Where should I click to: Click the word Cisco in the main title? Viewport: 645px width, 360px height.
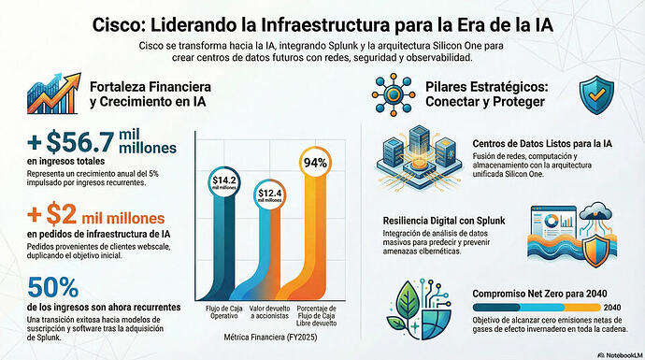click(x=117, y=24)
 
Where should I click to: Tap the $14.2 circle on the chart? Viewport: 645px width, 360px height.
click(x=224, y=182)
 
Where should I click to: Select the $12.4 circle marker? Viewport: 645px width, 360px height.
click(x=270, y=194)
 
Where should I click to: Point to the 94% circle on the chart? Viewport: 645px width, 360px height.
click(x=315, y=163)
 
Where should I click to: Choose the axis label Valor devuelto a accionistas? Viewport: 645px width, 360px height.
click(x=270, y=312)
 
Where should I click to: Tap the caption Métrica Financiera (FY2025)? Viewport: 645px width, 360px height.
click(x=270, y=337)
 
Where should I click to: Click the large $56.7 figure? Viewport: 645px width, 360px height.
click(x=79, y=141)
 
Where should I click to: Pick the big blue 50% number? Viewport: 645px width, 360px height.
click(x=53, y=287)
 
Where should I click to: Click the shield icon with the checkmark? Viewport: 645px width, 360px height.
click(x=596, y=94)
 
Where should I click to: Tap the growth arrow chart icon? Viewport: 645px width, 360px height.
click(x=54, y=94)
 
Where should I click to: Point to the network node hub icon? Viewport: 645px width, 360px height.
click(x=394, y=94)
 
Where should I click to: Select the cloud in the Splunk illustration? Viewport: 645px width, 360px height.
click(x=595, y=213)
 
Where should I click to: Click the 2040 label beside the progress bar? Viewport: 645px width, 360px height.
click(x=612, y=308)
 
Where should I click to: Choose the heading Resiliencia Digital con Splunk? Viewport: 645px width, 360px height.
click(x=444, y=221)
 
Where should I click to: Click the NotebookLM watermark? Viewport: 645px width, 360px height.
click(x=620, y=354)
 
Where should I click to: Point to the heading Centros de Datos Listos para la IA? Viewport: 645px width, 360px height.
click(x=542, y=144)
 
